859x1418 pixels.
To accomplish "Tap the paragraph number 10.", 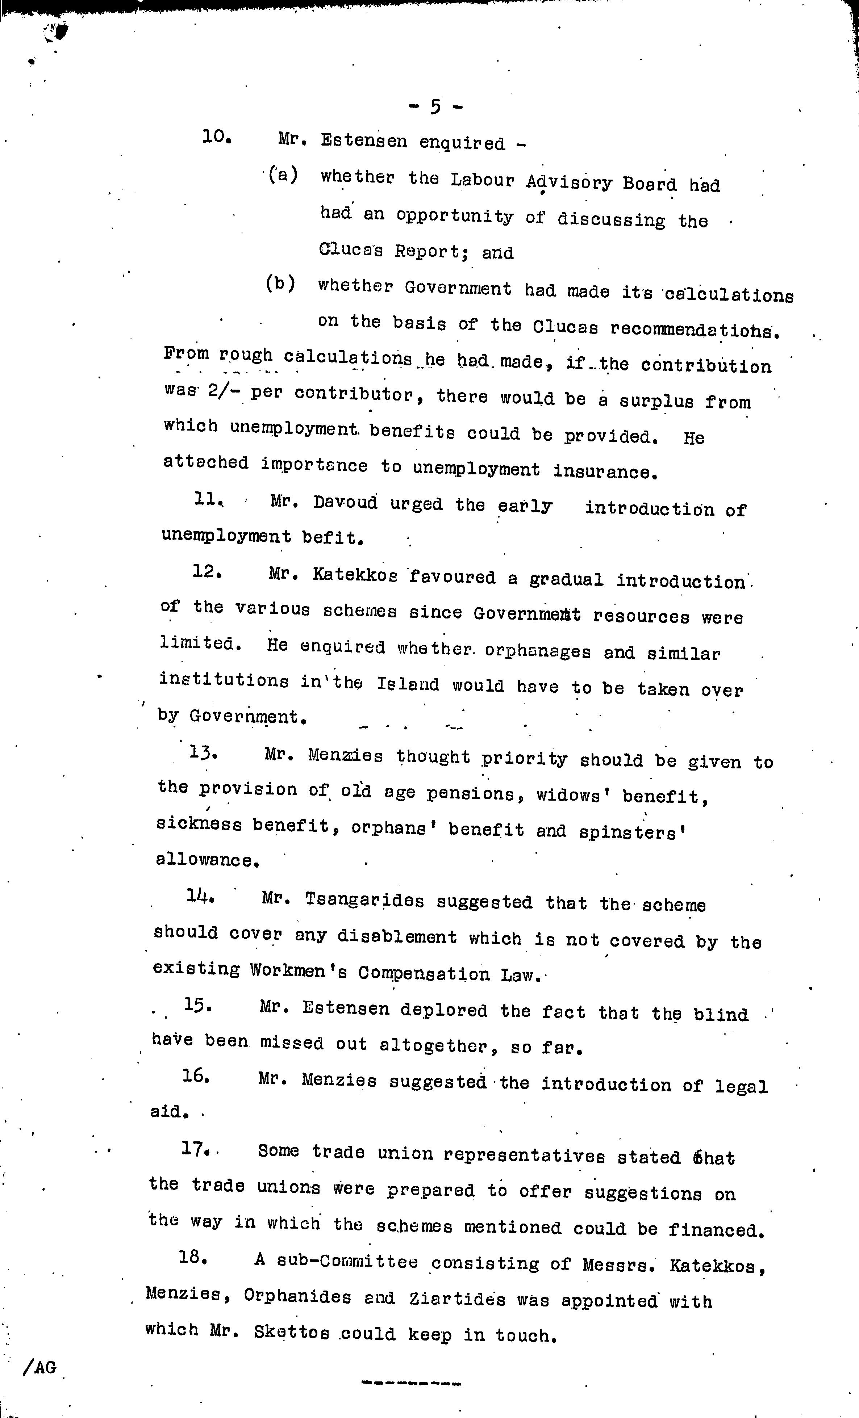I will tap(217, 138).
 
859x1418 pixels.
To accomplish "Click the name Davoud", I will tap(345, 503).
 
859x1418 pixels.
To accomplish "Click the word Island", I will tap(408, 685).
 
